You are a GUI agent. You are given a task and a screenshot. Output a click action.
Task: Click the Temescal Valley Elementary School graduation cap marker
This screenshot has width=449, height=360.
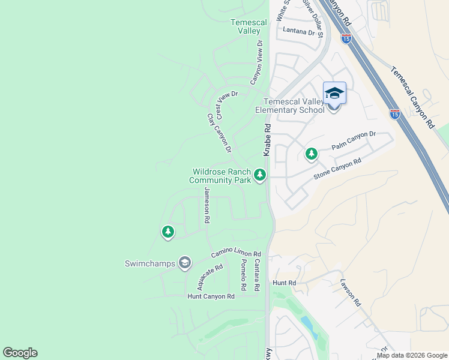point(334,94)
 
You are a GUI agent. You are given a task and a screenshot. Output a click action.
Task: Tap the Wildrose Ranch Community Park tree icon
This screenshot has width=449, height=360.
point(260,175)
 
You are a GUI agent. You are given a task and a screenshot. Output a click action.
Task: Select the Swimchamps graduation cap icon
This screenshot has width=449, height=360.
point(185,263)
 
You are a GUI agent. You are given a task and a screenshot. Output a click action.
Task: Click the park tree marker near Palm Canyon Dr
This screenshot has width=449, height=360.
point(311,154)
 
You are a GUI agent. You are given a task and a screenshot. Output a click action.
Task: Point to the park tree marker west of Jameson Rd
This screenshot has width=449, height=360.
point(168,231)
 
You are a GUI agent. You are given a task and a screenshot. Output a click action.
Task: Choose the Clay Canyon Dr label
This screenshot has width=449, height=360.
point(219,133)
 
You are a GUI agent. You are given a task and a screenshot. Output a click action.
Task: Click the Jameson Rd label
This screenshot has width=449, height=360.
point(207,206)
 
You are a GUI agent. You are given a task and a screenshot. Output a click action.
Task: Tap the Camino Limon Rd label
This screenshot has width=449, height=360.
point(235,254)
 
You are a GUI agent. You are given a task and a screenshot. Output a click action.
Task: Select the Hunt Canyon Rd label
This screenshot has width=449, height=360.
point(211,296)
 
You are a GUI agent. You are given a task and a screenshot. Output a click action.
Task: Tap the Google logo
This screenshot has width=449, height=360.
point(20,353)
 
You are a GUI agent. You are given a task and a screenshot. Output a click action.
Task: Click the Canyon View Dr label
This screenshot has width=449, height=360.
point(257,62)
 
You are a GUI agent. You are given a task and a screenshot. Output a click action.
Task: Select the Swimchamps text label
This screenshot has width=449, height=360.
point(149,263)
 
